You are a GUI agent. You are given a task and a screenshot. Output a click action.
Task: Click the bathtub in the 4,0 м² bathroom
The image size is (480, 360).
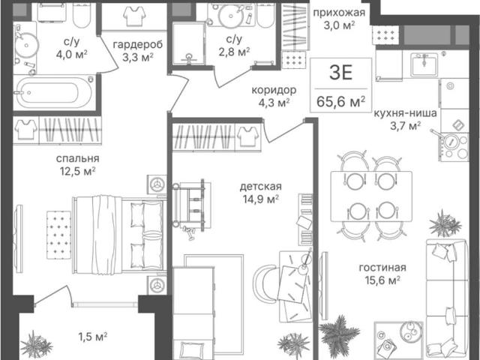click(x=54, y=91)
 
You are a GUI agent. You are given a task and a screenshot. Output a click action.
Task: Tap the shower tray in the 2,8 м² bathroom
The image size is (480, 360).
click(x=188, y=43)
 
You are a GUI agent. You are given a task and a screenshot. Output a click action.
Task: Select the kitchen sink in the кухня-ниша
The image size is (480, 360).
click(x=424, y=64)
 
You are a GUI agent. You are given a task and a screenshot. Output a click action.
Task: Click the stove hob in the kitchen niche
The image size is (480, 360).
click(x=454, y=147)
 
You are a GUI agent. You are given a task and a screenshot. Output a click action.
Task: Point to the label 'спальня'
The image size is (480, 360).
click(x=78, y=158)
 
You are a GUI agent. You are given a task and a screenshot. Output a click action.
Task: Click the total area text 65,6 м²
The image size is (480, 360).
click(x=341, y=101)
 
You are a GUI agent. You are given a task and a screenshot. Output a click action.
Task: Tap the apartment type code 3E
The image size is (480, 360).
click(x=341, y=73)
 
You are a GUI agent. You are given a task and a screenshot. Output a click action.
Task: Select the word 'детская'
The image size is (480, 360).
click(x=260, y=187)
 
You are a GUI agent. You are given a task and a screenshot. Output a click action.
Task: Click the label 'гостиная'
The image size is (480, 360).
click(x=382, y=268)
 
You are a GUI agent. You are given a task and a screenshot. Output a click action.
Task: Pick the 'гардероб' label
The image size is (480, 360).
click(x=138, y=45)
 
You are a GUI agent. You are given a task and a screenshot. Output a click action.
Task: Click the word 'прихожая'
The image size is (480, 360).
click(x=339, y=13)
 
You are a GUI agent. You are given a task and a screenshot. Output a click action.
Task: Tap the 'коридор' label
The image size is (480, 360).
click(x=274, y=90)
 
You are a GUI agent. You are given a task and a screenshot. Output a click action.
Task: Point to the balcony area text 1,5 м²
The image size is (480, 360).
click(x=93, y=337)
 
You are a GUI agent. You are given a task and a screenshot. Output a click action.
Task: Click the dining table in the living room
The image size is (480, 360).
click(x=371, y=196)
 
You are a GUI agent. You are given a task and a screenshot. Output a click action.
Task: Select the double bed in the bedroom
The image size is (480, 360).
click(x=120, y=234)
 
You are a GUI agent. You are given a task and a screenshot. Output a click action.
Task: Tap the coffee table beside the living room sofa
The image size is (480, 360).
click(x=399, y=340)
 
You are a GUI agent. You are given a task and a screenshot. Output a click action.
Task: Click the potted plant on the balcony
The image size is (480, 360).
click(x=36, y=345)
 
